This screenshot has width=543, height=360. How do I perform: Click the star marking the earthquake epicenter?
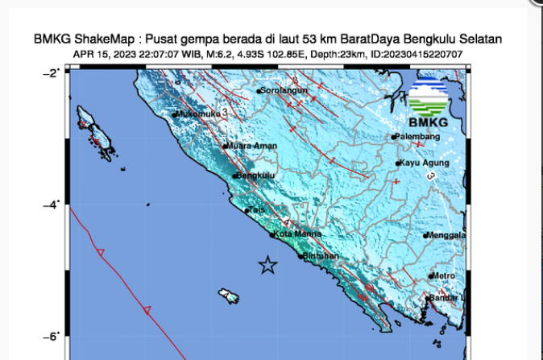267,265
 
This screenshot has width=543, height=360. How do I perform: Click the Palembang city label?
420,137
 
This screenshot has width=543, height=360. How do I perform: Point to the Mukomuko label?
198,114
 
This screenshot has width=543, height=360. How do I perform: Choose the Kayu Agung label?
425,163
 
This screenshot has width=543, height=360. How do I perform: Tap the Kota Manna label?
297,234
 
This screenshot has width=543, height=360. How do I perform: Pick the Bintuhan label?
321,256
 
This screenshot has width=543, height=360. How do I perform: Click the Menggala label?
448,235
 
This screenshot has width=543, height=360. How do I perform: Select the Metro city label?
444,276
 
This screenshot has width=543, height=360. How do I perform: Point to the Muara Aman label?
253,146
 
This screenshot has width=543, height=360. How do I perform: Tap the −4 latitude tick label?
51,205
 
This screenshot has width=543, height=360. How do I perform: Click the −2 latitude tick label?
51,72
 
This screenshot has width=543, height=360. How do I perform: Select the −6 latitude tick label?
51,337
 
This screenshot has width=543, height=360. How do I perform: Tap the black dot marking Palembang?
394,138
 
